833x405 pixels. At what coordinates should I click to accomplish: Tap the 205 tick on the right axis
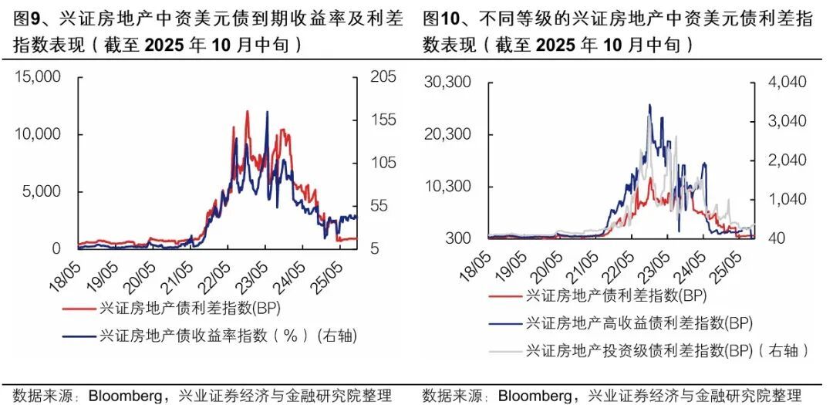(x=383, y=77)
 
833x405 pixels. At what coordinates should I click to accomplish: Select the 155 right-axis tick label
(x=383, y=120)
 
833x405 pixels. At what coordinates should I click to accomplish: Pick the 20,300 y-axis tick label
(x=447, y=134)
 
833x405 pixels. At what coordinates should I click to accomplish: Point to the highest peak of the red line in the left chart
(x=248, y=111)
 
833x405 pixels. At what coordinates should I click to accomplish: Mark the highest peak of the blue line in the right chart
(x=649, y=105)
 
